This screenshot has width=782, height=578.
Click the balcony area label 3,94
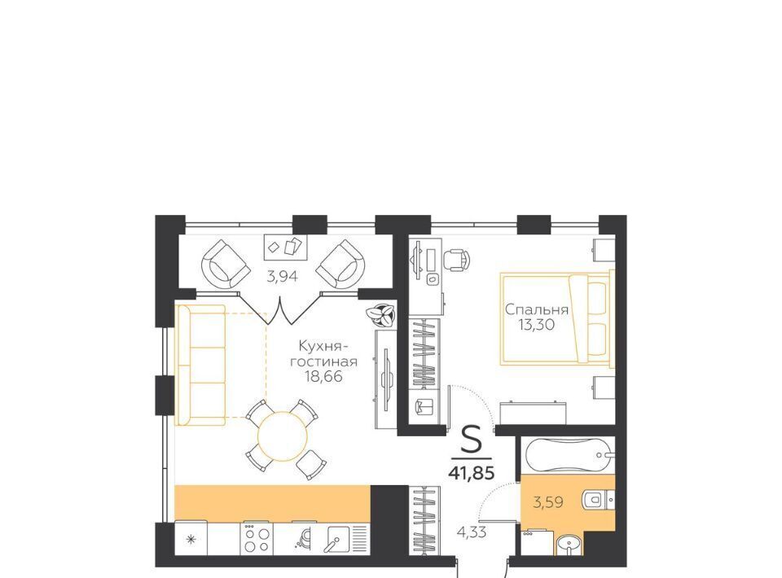coord(283,275)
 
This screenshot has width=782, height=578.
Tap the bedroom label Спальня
coord(537,309)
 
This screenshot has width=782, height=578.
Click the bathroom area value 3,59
coord(548,502)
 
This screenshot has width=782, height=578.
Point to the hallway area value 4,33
coord(472,532)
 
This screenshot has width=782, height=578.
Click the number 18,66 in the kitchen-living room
coord(324,376)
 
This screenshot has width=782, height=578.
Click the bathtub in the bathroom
coord(569,454)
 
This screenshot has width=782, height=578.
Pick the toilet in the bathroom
coord(598,498)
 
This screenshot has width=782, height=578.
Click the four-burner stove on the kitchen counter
coord(257,538)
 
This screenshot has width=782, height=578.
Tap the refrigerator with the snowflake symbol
coord(191,537)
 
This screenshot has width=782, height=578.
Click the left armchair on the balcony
coord(226,264)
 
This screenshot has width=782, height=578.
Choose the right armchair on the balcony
coord(340,264)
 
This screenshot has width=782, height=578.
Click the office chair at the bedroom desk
coord(456,259)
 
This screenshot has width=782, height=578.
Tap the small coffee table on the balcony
coord(286,247)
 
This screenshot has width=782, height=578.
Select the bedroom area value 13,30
coord(537,326)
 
